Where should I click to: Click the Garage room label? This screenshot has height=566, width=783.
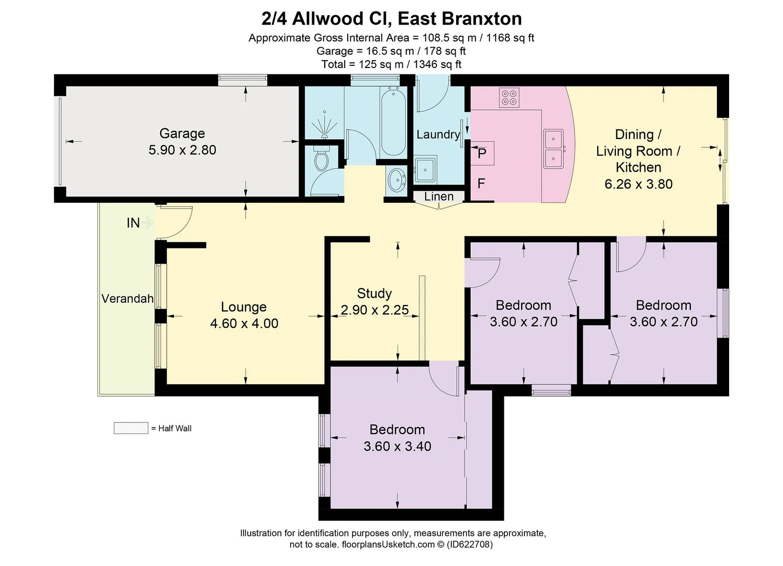pyautogui.click(x=182, y=134)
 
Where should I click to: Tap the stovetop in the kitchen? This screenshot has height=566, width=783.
pyautogui.click(x=509, y=97)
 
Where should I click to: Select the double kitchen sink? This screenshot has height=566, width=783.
pyautogui.click(x=553, y=149)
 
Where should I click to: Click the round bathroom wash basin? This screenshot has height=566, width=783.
pyautogui.click(x=397, y=180)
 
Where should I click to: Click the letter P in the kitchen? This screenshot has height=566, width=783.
pyautogui.click(x=482, y=154)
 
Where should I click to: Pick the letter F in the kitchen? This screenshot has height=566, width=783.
pyautogui.click(x=481, y=183)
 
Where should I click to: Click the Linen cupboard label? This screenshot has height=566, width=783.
pyautogui.click(x=439, y=197)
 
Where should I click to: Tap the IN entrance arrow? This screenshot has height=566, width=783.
pyautogui.click(x=147, y=223)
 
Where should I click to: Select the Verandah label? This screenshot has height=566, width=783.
pyautogui.click(x=127, y=299)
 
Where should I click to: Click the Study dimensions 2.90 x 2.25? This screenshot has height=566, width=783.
pyautogui.click(x=374, y=310)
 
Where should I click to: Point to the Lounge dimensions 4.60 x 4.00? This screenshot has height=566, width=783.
pyautogui.click(x=244, y=323)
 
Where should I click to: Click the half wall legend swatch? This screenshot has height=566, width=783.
pyautogui.click(x=130, y=428)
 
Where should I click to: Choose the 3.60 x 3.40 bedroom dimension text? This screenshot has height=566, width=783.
pyautogui.click(x=397, y=447)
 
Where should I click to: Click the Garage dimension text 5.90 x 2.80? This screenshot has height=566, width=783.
pyautogui.click(x=182, y=150)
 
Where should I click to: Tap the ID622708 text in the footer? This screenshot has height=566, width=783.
pyautogui.click(x=470, y=545)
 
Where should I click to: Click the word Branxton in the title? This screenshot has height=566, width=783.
pyautogui.click(x=482, y=19)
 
